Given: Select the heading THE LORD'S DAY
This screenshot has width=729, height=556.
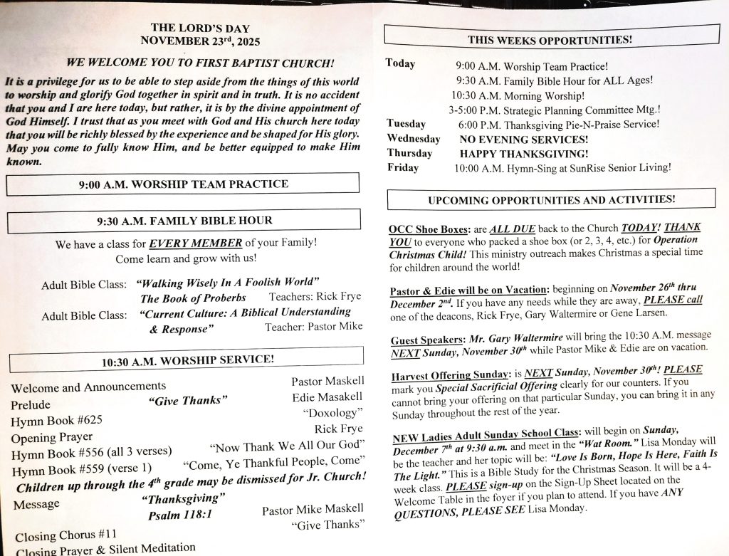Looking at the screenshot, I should (x=200, y=28).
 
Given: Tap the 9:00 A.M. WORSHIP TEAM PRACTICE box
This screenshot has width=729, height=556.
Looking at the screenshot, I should (x=183, y=184).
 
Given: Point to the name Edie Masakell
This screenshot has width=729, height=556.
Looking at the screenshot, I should (x=327, y=397).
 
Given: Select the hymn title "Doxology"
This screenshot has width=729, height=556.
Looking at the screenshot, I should (x=332, y=413).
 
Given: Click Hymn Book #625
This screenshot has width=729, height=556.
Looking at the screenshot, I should (x=56, y=421).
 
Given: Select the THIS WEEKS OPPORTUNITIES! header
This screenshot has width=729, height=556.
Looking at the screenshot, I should (x=550, y=40).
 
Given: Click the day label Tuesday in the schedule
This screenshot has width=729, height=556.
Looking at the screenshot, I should (x=407, y=123).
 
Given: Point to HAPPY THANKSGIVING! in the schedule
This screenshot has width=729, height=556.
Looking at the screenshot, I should (x=524, y=154).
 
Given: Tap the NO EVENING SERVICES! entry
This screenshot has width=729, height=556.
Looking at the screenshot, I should (x=524, y=140).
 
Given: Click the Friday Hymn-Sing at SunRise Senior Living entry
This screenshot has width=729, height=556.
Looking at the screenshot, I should (x=562, y=168).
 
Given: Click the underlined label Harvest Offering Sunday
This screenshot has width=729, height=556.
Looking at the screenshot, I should (x=451, y=374).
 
